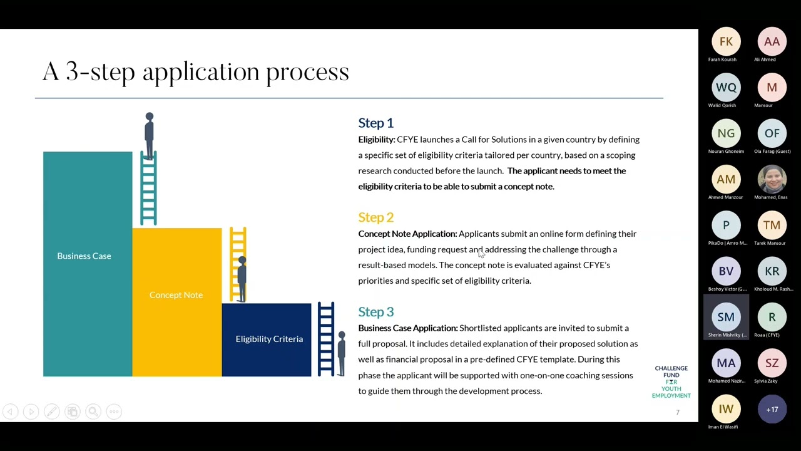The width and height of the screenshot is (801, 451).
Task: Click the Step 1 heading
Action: [375, 123]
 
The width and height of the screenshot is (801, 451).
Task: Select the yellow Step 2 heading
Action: [375, 217]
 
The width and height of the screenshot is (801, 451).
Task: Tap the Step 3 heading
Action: [375, 312]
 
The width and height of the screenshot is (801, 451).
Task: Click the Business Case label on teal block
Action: [84, 256]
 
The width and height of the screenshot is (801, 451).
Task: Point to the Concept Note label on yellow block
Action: [176, 295]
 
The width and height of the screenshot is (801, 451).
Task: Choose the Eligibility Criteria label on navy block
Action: [269, 339]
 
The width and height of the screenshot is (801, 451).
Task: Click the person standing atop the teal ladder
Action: [149, 133]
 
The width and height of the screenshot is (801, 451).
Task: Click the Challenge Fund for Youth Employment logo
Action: [671, 382]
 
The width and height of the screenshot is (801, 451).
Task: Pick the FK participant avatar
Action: [726, 42]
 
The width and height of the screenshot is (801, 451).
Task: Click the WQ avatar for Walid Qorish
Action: [726, 88]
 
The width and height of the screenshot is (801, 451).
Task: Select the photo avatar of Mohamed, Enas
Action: [772, 180]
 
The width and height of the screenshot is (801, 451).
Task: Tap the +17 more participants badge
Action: [772, 410]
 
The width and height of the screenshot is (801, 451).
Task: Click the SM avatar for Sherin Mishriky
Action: [726, 318]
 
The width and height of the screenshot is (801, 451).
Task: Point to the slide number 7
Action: [677, 412]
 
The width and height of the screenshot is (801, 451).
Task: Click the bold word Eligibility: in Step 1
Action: [377, 140]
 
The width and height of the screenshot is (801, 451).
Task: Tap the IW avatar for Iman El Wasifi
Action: [726, 410]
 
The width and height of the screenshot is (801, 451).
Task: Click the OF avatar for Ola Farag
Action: [772, 133]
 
